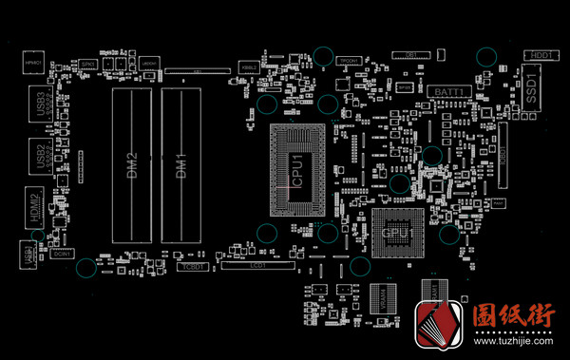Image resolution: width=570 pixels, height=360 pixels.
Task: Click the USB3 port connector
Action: click(41, 104)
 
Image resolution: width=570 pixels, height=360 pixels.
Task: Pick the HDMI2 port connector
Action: click(36, 207)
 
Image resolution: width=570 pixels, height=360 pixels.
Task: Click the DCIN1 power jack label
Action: click(64, 254)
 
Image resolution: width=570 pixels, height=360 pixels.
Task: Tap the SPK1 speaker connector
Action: click(87, 64)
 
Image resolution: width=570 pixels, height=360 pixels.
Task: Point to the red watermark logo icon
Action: click(438, 323)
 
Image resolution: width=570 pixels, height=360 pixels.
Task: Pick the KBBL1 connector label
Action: click(249, 68)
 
